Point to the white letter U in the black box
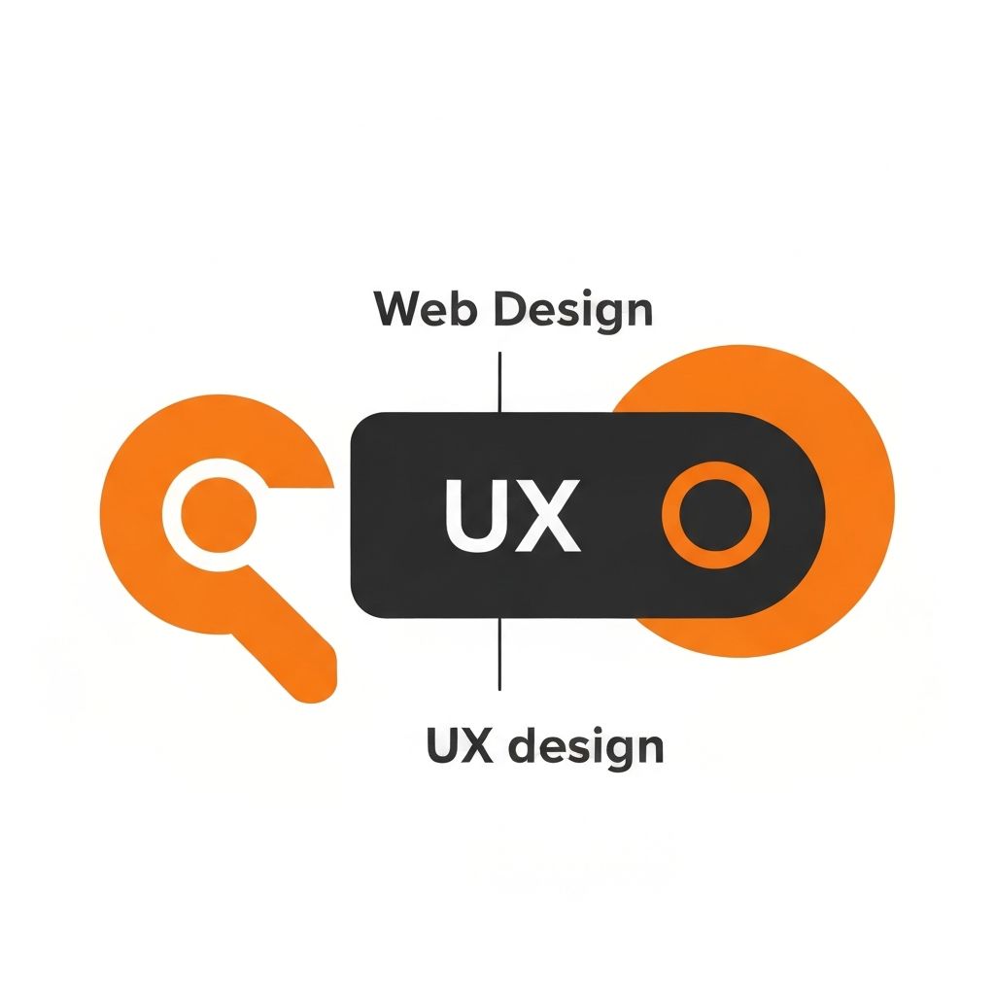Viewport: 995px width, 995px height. [x=476, y=515]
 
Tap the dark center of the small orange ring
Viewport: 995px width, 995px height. [x=715, y=515]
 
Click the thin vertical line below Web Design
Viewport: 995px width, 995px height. [x=499, y=381]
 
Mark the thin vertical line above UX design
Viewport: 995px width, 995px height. [x=499, y=653]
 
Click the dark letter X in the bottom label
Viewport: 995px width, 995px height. [x=482, y=746]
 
